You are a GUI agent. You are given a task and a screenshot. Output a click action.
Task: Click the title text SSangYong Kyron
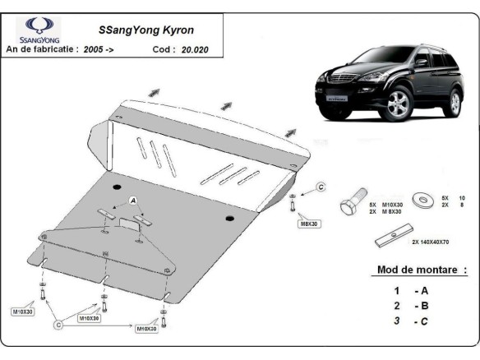click(x=135, y=30)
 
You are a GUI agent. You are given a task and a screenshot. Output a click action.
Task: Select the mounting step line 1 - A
click(x=410, y=290)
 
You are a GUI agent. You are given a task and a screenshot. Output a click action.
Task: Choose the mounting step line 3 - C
click(x=410, y=321)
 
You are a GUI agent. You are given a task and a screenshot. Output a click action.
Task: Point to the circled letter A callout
click(x=131, y=200)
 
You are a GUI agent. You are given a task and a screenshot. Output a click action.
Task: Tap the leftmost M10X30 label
click(x=23, y=312)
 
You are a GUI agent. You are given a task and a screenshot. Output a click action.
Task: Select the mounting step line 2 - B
click(x=410, y=306)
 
